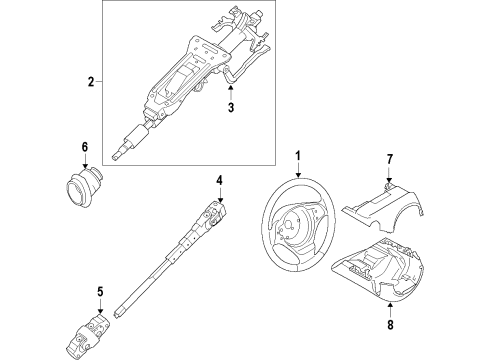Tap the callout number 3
point(230,108)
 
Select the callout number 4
point(220,180)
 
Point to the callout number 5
point(100,293)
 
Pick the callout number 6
point(85,147)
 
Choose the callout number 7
point(390,157)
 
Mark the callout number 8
point(390,323)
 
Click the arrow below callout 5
point(100,307)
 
